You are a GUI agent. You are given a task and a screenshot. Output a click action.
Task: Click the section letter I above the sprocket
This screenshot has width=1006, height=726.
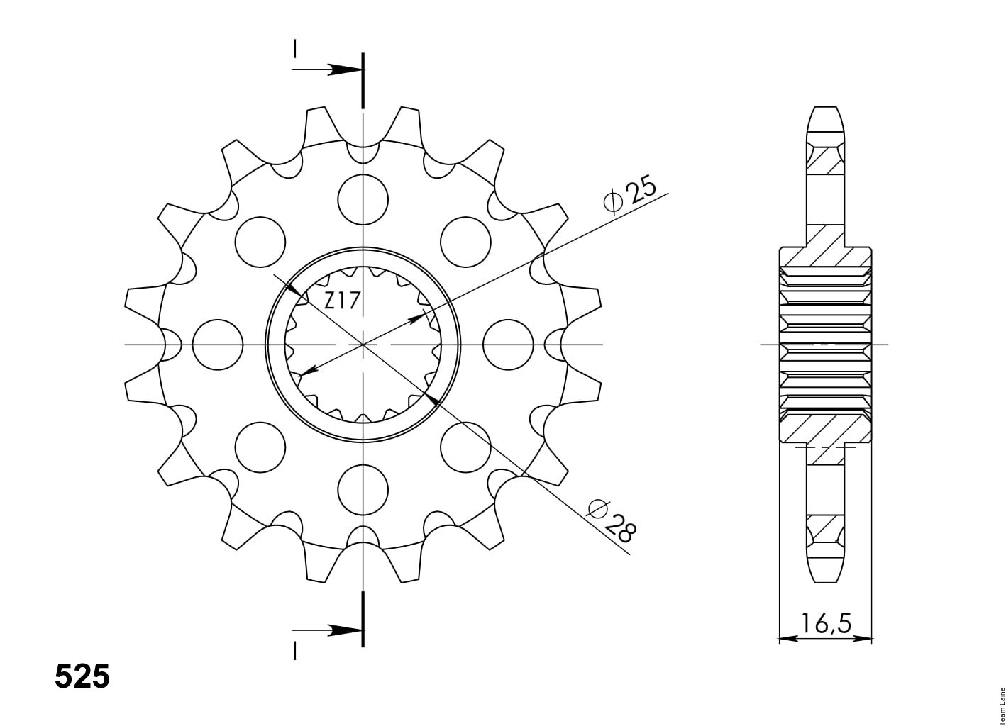point(294,49)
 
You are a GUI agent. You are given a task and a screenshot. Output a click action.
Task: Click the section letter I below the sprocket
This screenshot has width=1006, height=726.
point(294,651)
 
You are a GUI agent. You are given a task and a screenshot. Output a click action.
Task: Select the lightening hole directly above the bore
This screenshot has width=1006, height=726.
point(363,199)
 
